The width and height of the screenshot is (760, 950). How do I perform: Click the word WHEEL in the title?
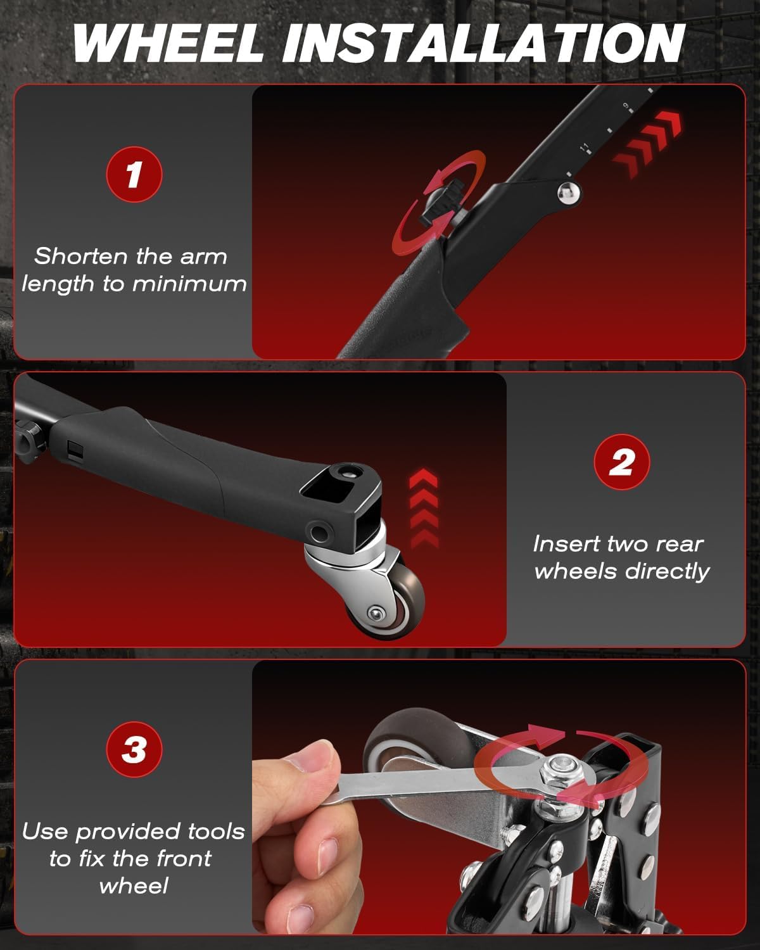point(168,43)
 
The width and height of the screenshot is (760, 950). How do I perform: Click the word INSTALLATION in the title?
point(484,43)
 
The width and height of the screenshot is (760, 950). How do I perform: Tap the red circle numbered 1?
point(134,174)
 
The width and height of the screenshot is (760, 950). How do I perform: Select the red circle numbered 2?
point(622,462)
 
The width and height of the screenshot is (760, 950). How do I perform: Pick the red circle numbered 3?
point(134,749)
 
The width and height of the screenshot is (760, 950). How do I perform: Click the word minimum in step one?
point(189,284)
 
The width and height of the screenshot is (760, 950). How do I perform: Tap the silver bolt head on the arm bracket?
point(568,193)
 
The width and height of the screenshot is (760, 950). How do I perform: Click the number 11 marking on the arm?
point(584,148)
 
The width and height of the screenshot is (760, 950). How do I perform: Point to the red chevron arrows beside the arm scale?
point(647,144)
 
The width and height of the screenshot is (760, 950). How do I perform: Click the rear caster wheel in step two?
point(391,600)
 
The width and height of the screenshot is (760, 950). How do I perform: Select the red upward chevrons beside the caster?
point(424,509)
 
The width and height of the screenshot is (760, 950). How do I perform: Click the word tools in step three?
point(216,831)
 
